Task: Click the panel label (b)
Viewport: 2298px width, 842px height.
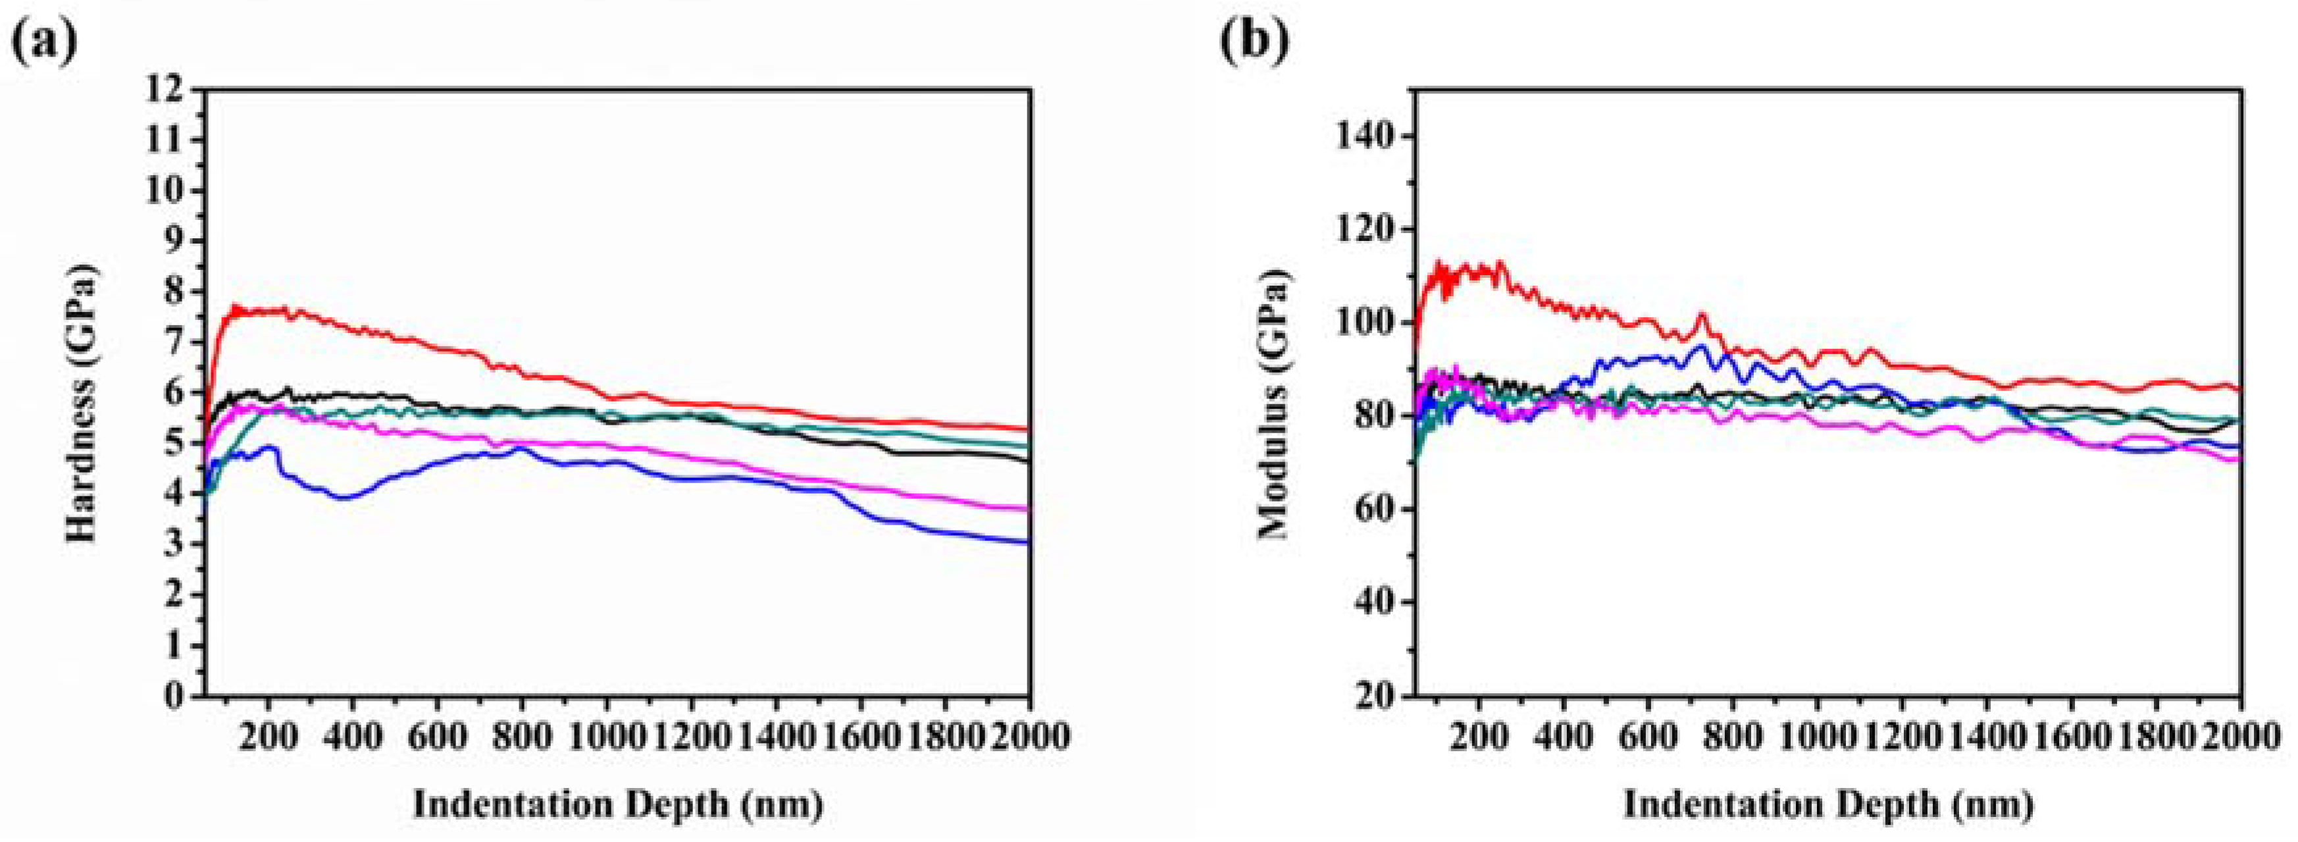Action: point(1254,40)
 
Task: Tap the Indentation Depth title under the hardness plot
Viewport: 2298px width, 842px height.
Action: point(617,804)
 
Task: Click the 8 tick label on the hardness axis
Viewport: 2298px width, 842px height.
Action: point(175,292)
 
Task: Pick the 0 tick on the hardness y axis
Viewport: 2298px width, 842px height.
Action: point(175,696)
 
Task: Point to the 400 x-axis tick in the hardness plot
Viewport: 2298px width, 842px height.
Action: point(352,737)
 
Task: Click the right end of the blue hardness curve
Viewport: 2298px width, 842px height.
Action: point(1028,541)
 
